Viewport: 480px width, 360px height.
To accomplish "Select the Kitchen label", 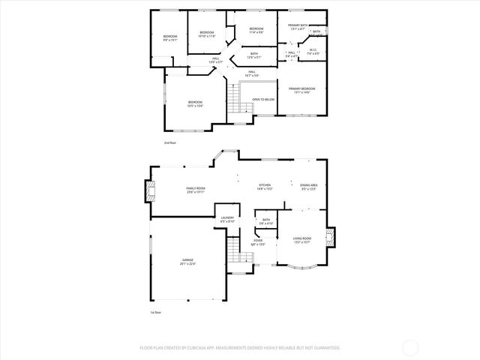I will click(265, 186).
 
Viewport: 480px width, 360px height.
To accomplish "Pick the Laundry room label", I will click(227, 220).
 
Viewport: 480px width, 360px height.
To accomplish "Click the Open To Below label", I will click(262, 99).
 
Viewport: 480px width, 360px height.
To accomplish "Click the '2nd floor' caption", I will click(170, 142).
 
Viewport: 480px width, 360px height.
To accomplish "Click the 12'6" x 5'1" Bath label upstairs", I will click(254, 55).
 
